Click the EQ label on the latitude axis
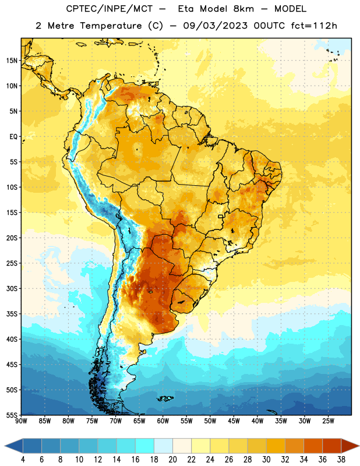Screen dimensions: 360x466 [13, 137]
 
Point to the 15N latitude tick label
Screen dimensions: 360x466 [12, 61]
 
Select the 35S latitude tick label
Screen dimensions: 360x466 [12, 314]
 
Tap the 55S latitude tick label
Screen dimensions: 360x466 [12, 415]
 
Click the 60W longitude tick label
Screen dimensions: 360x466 [163, 421]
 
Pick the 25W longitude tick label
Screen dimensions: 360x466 [328, 421]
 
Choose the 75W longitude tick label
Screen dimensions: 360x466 [92, 421]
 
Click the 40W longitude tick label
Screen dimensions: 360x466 [257, 421]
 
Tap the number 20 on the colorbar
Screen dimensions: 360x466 [172, 460]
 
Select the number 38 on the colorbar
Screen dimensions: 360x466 [341, 460]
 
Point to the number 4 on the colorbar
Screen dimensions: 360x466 [23, 460]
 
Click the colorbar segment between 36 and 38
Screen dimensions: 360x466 [332, 446]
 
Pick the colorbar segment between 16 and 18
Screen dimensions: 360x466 [145, 446]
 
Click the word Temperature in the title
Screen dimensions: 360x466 [111, 26]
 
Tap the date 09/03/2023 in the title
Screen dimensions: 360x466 [215, 26]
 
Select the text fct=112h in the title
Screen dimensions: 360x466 [314, 26]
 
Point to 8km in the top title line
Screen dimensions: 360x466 [243, 9]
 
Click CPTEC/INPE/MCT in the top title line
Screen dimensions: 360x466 [109, 9]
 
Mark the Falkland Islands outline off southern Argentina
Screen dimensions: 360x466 [165, 398]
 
